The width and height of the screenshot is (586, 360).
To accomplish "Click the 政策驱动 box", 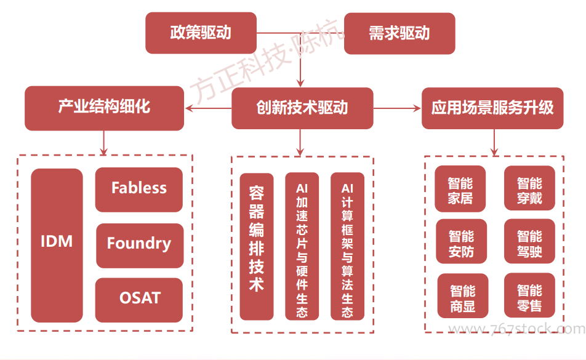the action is (x=201, y=33).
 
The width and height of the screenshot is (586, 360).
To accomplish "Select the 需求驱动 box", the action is (x=399, y=33).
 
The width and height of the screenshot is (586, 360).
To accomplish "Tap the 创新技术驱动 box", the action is (x=302, y=108).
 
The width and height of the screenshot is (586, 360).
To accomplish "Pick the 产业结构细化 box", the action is (x=104, y=108).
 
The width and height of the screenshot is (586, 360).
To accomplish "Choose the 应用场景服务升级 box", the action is (x=492, y=108).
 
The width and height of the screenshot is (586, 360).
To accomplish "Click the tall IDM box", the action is (x=57, y=246).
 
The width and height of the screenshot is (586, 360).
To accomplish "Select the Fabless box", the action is (x=139, y=190).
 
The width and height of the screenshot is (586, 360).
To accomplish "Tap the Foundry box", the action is (x=140, y=246).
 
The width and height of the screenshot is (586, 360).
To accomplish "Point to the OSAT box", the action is (x=139, y=300).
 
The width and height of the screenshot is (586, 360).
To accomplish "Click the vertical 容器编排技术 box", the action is (x=256, y=247).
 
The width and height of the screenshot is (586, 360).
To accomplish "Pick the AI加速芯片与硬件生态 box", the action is (x=302, y=247).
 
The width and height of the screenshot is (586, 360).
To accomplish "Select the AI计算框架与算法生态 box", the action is (x=348, y=247).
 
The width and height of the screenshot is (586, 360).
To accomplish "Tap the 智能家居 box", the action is (x=460, y=188).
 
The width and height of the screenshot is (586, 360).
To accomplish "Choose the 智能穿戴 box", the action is (x=529, y=188).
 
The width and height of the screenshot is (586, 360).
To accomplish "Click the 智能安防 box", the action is (x=462, y=241).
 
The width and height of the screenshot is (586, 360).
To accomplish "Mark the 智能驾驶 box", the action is (x=529, y=241).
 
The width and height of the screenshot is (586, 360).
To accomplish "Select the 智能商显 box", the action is (x=463, y=296).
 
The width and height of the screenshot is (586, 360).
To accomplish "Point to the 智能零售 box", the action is (x=529, y=295).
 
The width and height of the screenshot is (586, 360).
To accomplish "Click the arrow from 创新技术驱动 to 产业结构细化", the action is (x=208, y=108).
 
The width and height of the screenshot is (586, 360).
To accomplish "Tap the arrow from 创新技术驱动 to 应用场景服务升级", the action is (x=397, y=108).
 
